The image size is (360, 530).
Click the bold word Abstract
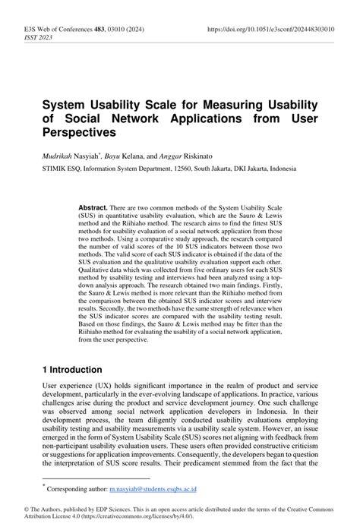(x=95, y=207)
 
